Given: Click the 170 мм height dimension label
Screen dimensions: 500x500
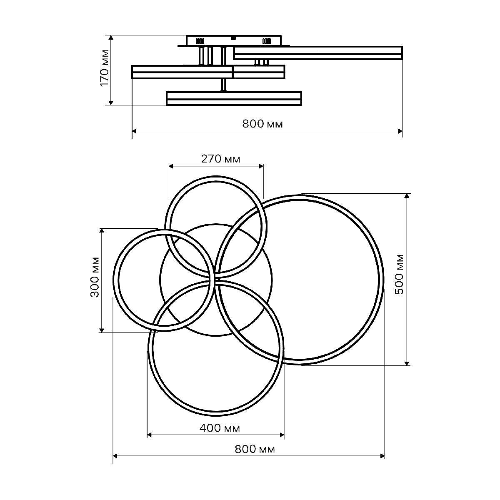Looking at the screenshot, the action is tap(104, 68).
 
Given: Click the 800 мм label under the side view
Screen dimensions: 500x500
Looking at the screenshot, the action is tap(262, 124).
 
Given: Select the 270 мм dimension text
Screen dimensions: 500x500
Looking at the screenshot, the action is tap(220, 159).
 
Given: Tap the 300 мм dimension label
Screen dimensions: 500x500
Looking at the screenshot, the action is tap(95, 277).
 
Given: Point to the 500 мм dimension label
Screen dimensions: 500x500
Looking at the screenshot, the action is tap(399, 275).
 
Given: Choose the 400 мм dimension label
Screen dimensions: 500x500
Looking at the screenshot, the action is tap(220, 428).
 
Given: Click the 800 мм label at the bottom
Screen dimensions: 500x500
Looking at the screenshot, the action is tap(255, 449).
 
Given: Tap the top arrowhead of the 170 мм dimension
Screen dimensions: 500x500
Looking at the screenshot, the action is tap(111, 38).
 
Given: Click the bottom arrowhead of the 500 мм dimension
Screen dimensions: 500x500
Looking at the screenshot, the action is tap(407, 363).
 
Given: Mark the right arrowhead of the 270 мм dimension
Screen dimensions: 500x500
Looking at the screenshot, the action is tap(261, 166).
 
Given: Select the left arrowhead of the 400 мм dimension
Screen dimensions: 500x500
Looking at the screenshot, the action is tap(150, 435).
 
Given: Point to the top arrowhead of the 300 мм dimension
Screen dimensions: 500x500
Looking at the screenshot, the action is tap(102, 231).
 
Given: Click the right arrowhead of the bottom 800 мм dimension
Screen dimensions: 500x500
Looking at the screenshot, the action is tap(382, 456).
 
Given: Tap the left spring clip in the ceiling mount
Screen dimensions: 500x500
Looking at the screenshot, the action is tap(200, 41).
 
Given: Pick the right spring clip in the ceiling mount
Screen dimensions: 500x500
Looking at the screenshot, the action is tap(267, 41).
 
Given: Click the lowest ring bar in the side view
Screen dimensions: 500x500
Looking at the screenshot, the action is tap(234, 99).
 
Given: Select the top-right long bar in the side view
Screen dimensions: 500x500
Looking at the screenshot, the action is tap(318, 53).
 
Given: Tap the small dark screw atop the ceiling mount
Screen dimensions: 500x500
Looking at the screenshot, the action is tap(233, 38).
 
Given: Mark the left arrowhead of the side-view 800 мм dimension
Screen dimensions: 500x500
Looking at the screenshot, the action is tap(135, 131).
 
